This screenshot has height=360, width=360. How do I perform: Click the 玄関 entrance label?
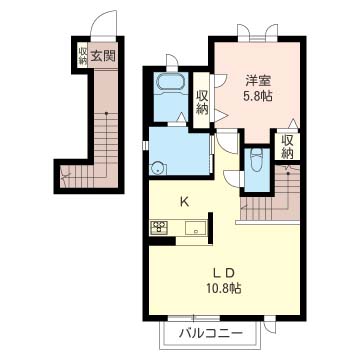click(x=103, y=56)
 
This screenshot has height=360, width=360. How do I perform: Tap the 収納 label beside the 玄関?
click(x=83, y=56)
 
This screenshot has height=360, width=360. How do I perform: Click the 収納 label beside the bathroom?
click(x=202, y=102)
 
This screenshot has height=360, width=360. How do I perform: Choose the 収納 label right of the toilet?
click(x=288, y=147)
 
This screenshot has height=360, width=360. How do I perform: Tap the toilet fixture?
click(x=256, y=160)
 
